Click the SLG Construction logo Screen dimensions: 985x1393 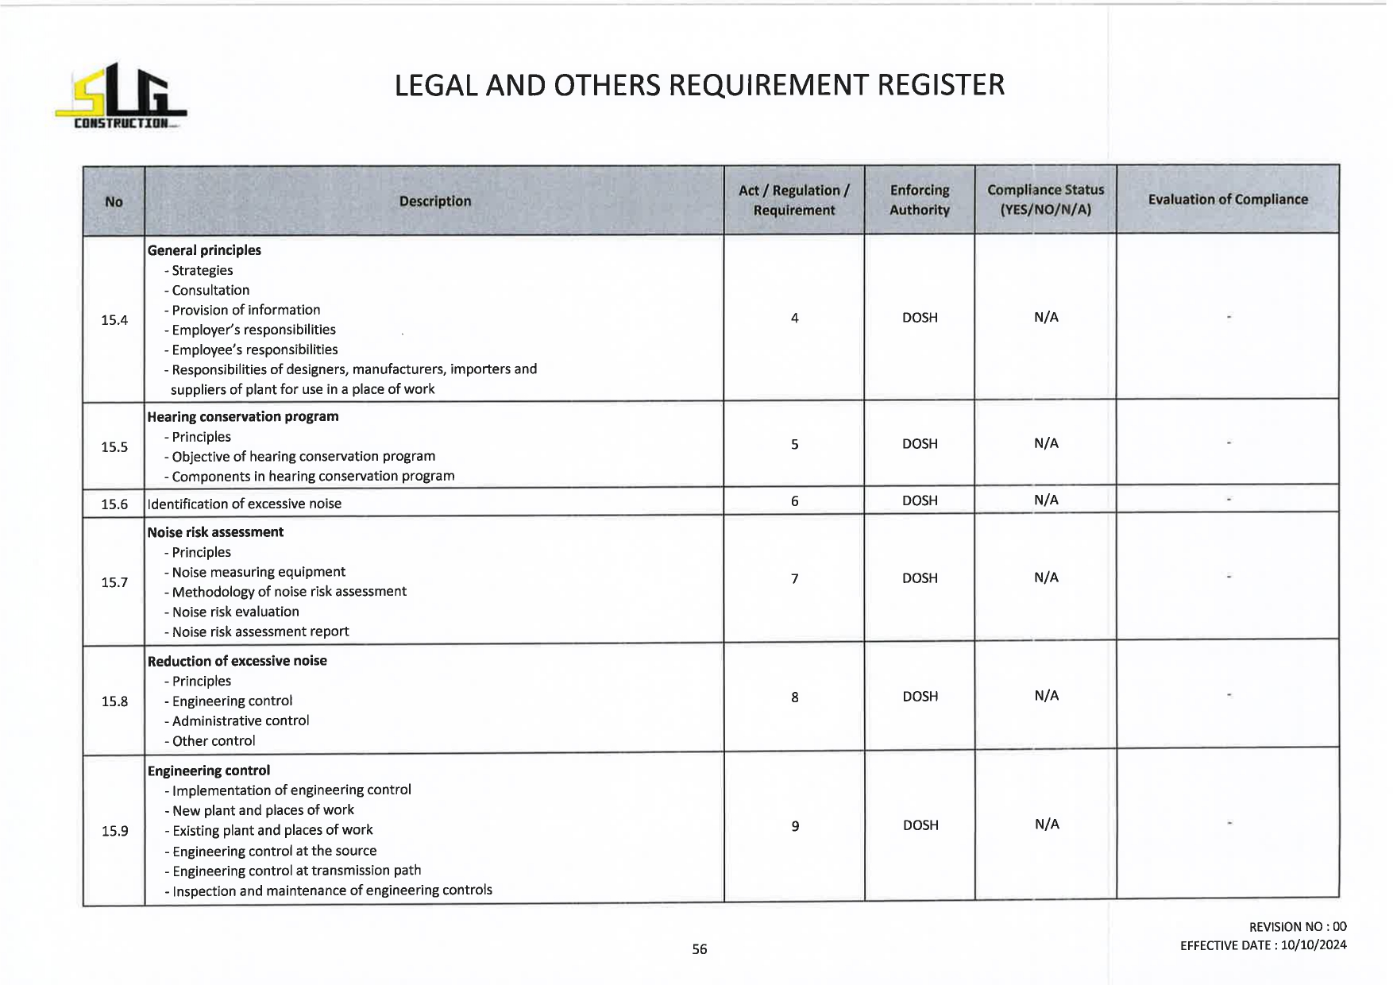click(x=121, y=98)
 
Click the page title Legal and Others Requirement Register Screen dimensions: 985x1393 click(x=699, y=85)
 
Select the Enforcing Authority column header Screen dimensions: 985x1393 click(x=919, y=200)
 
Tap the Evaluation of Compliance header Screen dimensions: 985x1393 click(x=1227, y=199)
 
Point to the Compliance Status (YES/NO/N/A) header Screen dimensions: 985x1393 click(x=1045, y=200)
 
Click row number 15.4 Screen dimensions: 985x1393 click(x=114, y=320)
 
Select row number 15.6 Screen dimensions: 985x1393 click(x=114, y=504)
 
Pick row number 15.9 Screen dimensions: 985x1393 click(x=114, y=831)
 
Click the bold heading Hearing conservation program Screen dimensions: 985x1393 click(x=243, y=416)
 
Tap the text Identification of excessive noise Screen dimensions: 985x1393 click(x=245, y=504)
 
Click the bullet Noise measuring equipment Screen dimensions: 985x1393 click(x=258, y=572)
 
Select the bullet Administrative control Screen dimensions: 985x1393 click(x=240, y=720)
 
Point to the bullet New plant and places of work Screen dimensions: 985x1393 click(x=263, y=810)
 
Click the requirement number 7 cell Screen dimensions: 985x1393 click(x=794, y=578)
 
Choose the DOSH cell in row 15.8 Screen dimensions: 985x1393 click(x=920, y=697)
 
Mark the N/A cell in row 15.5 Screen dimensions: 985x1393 click(x=1046, y=443)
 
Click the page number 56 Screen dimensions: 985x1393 click(x=699, y=949)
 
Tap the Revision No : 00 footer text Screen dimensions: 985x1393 click(x=1297, y=927)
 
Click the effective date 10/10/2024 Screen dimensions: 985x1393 click(x=1314, y=945)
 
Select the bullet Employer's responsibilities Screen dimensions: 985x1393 click(x=253, y=330)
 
